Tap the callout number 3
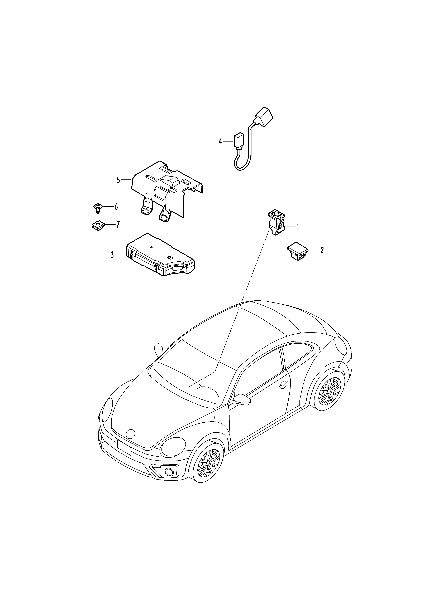click(x=112, y=255)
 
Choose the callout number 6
click(x=116, y=207)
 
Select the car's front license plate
click(x=124, y=447)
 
